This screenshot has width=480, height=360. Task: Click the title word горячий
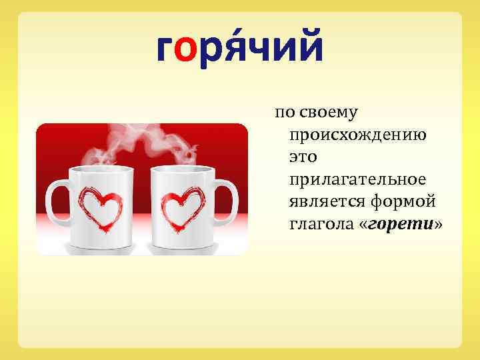(239, 47)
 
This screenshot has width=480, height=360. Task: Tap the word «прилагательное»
(357, 180)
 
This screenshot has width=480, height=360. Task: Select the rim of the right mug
(183, 169)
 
